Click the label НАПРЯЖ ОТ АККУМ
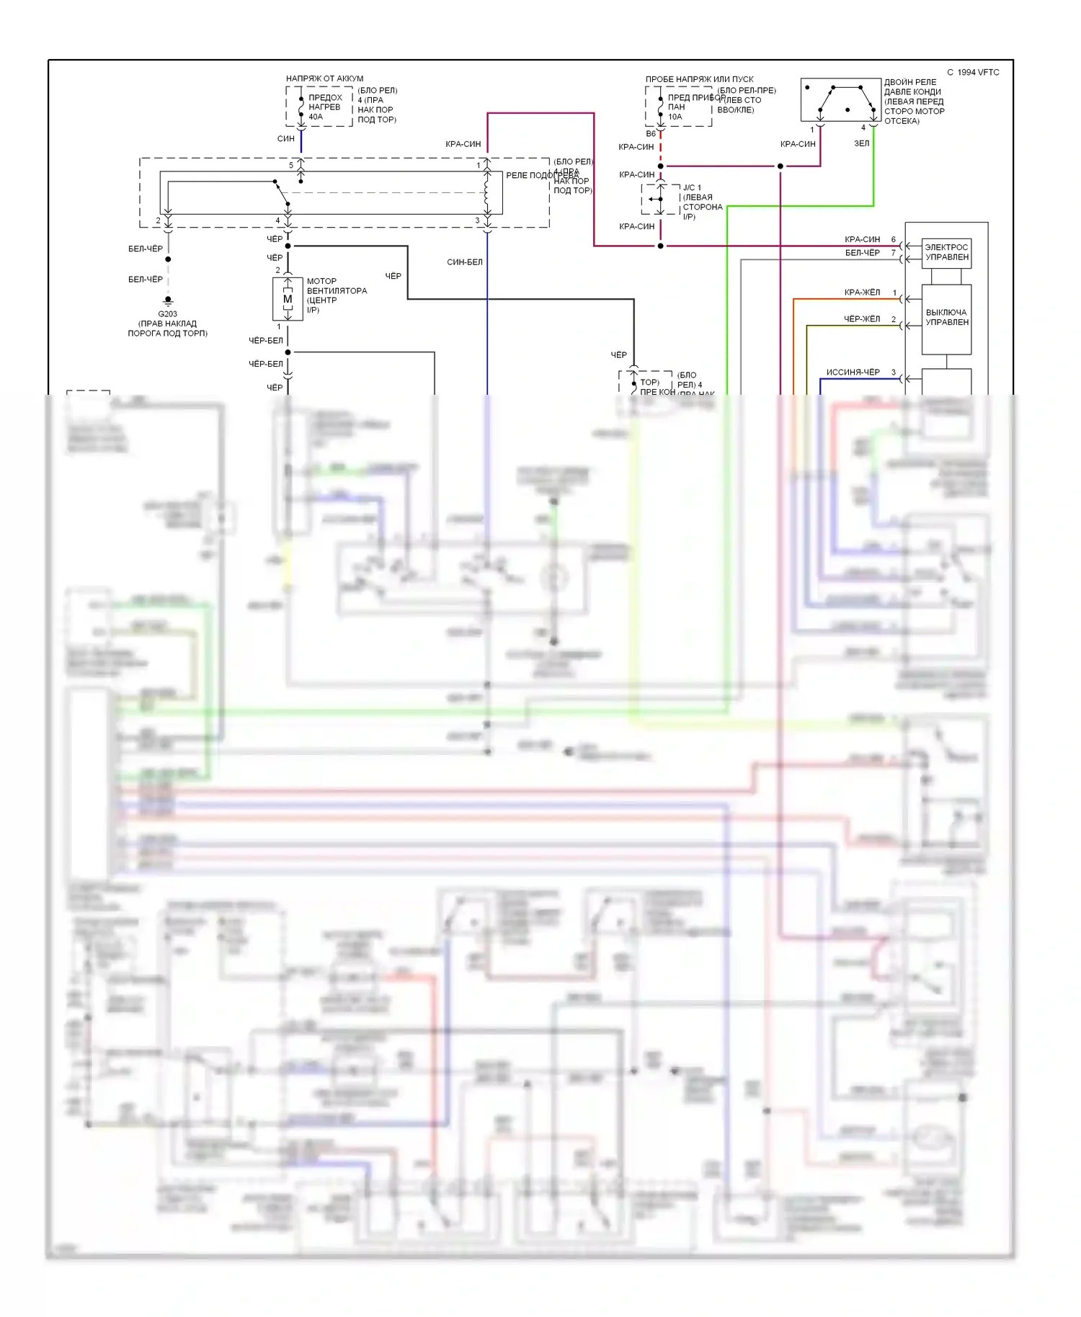324,79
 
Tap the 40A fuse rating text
316,117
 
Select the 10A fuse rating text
675,117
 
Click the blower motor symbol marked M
288,299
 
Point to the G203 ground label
167,314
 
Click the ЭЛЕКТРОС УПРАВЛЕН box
946,253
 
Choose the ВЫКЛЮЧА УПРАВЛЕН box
946,318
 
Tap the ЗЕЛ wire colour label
861,143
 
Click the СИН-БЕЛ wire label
464,262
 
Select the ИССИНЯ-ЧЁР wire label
853,372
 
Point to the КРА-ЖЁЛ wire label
862,293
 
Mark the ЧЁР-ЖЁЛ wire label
862,319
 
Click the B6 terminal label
651,134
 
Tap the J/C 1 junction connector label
692,188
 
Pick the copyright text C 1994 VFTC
973,73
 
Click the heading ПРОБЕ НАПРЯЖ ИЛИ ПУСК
699,79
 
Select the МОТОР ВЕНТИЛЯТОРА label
337,286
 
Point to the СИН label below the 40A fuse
285,138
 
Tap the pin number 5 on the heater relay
291,165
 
